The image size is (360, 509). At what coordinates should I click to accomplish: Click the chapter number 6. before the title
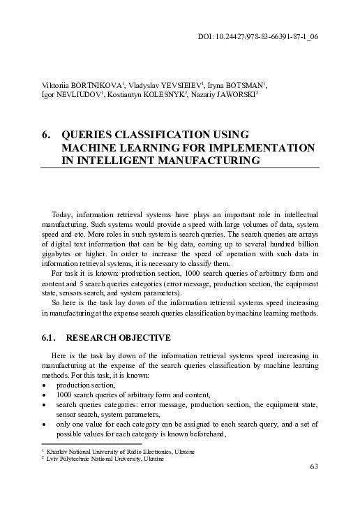(47, 135)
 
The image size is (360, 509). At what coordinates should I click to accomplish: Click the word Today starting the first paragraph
(63, 213)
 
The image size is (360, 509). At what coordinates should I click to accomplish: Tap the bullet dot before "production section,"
(45, 385)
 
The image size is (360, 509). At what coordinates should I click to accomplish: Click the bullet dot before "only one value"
(45, 423)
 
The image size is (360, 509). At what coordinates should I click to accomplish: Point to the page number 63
(314, 466)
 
